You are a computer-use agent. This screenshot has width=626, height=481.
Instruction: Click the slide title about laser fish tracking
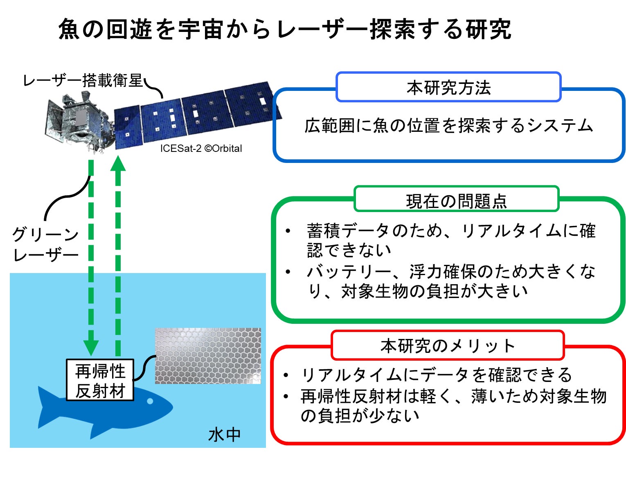pos(285,29)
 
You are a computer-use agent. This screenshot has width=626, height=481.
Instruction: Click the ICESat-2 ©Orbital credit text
pos(201,148)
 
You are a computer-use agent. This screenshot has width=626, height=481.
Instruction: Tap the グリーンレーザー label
pos(45,245)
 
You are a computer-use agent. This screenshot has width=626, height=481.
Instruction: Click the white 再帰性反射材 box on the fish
pos(100,380)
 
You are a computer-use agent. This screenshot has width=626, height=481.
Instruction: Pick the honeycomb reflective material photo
pos(208,355)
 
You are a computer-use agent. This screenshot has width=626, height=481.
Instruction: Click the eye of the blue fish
pos(150,401)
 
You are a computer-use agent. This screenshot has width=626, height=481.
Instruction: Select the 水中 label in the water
pos(224,435)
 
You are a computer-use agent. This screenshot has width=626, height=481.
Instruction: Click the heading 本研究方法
pos(448,88)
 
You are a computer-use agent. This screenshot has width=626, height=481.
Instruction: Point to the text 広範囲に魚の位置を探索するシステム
pos(448,126)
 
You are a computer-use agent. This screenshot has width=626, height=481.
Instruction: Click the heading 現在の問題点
pos(456,201)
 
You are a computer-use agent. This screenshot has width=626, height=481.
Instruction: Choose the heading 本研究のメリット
pos(448,346)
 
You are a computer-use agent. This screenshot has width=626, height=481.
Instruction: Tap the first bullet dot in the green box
pos(288,231)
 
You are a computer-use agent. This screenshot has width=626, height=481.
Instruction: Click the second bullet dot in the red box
pos(286,396)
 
